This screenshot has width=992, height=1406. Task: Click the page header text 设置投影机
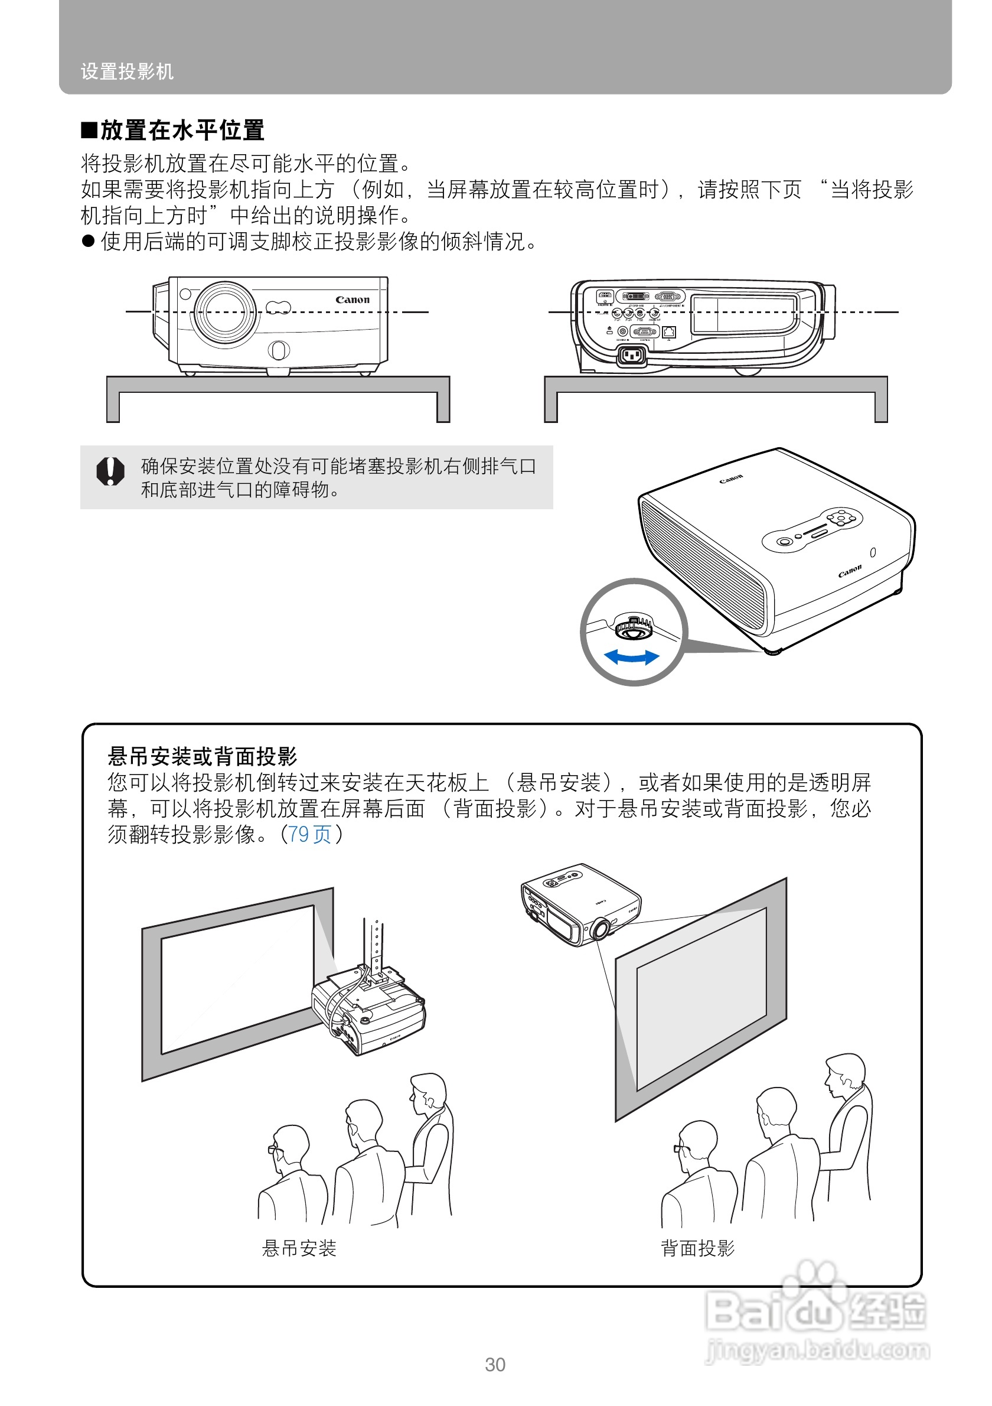[128, 71]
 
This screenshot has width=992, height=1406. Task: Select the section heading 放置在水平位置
[182, 131]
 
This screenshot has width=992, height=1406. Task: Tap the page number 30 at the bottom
[495, 1365]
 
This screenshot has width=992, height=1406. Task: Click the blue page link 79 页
[309, 834]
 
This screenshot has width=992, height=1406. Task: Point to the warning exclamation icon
[110, 471]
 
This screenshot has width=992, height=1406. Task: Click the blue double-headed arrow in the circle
[632, 658]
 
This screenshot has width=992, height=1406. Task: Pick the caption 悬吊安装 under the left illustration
[299, 1248]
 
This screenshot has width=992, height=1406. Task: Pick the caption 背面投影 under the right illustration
[697, 1248]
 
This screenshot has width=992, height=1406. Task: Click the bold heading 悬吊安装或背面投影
[202, 757]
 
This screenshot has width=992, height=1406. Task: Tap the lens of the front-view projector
[224, 313]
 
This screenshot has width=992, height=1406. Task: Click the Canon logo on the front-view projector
[353, 300]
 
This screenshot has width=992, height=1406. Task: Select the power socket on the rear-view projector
[632, 355]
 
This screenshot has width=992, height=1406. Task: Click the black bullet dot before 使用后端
[88, 241]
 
